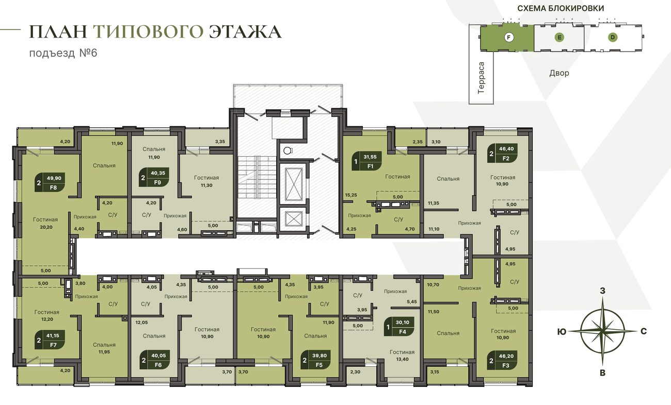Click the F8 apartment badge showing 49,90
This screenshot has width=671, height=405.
(x=50, y=182)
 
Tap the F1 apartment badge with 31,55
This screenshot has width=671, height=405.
(x=366, y=161)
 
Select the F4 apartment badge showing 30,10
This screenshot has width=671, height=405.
(x=399, y=327)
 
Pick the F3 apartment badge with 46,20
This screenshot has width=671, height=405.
(x=503, y=361)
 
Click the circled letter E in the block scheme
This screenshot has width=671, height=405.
(x=559, y=38)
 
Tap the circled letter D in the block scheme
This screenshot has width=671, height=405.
(x=613, y=38)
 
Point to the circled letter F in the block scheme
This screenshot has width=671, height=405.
(x=508, y=38)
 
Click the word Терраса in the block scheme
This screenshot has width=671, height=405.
(x=481, y=78)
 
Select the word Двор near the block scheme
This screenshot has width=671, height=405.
(x=559, y=73)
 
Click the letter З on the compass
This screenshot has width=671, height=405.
(x=602, y=291)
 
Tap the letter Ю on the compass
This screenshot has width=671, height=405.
(x=562, y=332)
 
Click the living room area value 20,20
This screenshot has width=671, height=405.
(x=46, y=227)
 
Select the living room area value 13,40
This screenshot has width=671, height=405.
(x=402, y=359)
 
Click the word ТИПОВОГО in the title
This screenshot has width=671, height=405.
(x=148, y=32)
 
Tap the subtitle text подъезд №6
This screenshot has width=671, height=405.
(x=63, y=53)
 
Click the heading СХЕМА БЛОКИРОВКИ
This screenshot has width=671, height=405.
(x=561, y=8)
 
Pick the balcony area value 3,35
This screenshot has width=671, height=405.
(x=220, y=142)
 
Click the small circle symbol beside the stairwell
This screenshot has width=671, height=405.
(x=287, y=151)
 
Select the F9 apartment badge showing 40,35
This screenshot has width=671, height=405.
(x=154, y=177)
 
